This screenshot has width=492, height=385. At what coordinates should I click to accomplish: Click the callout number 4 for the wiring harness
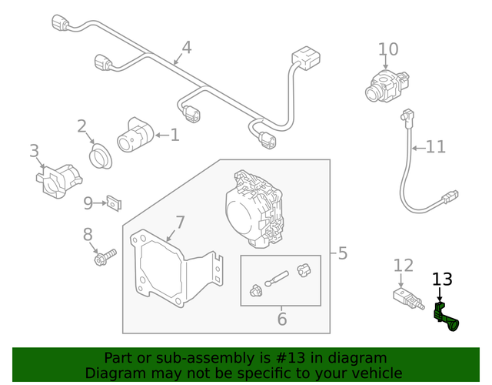click(186, 48)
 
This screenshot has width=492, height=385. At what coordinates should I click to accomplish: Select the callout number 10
click(388, 50)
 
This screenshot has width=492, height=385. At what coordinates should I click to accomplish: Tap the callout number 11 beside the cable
click(435, 146)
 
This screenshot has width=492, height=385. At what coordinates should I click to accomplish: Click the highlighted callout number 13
click(443, 280)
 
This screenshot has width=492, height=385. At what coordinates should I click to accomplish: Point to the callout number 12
click(404, 266)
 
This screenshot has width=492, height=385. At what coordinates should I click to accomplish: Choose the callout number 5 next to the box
click(342, 253)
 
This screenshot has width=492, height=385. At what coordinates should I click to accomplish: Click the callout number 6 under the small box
click(281, 318)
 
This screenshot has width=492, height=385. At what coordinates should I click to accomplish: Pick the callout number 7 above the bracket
click(180, 223)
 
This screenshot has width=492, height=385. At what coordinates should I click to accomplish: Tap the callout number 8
click(88, 234)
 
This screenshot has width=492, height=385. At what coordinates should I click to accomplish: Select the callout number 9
click(88, 203)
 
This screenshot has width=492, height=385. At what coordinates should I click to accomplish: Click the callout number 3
click(34, 151)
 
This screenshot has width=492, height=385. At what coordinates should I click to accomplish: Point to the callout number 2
click(81, 126)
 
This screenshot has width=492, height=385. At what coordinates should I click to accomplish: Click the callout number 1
click(175, 136)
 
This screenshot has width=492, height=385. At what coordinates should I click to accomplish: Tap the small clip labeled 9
click(115, 203)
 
